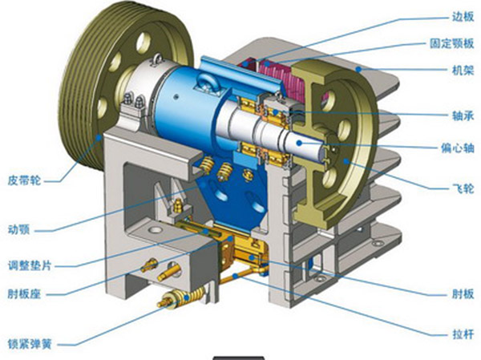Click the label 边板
463,17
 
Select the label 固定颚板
452,43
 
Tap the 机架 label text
463,71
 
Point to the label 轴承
463,115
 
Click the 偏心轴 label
458,148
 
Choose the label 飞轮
463,188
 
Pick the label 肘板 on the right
463,293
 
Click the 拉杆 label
463,334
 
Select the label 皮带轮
24,180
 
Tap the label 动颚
18,229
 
